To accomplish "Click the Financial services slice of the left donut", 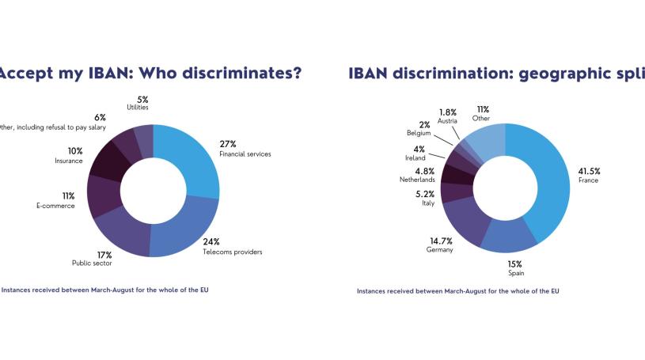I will point(190,158).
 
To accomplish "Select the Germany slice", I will point(462,221).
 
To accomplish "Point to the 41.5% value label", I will point(589,171).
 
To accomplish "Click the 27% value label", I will point(228,144).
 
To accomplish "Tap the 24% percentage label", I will point(233,241).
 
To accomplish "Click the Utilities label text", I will point(138,107).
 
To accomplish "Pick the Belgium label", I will point(419,133).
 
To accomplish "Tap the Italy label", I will point(427,203).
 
